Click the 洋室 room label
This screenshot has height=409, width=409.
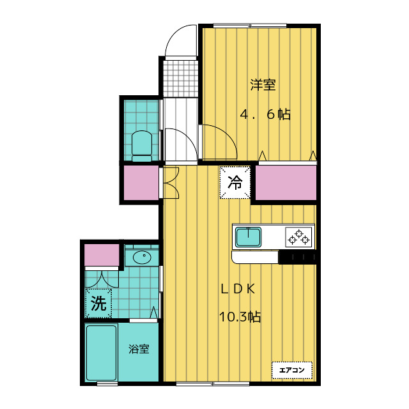tap(263, 84)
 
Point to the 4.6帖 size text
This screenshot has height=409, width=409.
tap(265, 115)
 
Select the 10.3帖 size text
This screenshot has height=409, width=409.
tap(240, 316)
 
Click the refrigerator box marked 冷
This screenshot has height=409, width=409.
tap(235, 182)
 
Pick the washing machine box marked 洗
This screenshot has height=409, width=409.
tap(98, 303)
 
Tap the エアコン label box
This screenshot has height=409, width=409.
tap(292, 369)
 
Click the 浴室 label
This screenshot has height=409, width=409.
tap(139, 350)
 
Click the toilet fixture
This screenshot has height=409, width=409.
tap(141, 146)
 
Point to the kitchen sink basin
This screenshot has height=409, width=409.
tap(249, 237)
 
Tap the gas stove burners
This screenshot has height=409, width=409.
tap(299, 237)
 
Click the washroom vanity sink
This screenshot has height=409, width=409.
tap(142, 258)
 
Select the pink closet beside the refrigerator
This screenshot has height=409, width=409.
tap(286, 183)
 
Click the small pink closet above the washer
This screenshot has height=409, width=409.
tap(101, 255)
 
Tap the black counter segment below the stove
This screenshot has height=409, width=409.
tap(298, 258)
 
